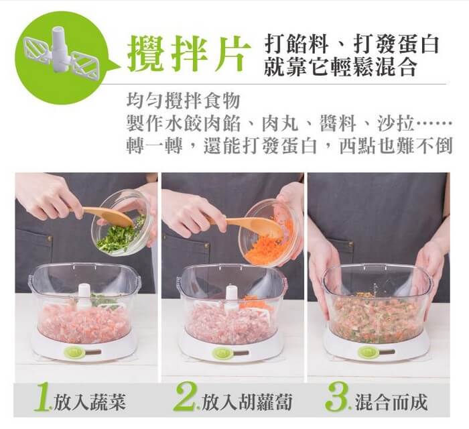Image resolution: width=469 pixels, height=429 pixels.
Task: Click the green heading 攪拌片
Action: tap(189, 54)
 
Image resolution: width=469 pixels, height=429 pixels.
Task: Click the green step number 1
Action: tap(42, 398)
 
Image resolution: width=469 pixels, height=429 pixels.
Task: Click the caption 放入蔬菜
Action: tap(89, 402)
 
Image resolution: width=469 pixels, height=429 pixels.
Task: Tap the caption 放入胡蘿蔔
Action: tap(247, 402)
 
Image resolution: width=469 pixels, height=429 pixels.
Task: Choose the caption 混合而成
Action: tap(391, 402)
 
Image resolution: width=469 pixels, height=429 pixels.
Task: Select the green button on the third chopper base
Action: tap(368, 352)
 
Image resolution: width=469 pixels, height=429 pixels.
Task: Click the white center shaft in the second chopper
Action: tap(232, 297)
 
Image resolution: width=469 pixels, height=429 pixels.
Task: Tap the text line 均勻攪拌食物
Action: tap(184, 101)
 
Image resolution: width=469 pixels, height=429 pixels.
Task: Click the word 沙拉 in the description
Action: tap(395, 123)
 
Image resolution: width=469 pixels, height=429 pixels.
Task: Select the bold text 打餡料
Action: tap(296, 44)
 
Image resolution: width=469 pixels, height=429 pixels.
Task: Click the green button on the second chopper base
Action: tap(221, 353)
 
